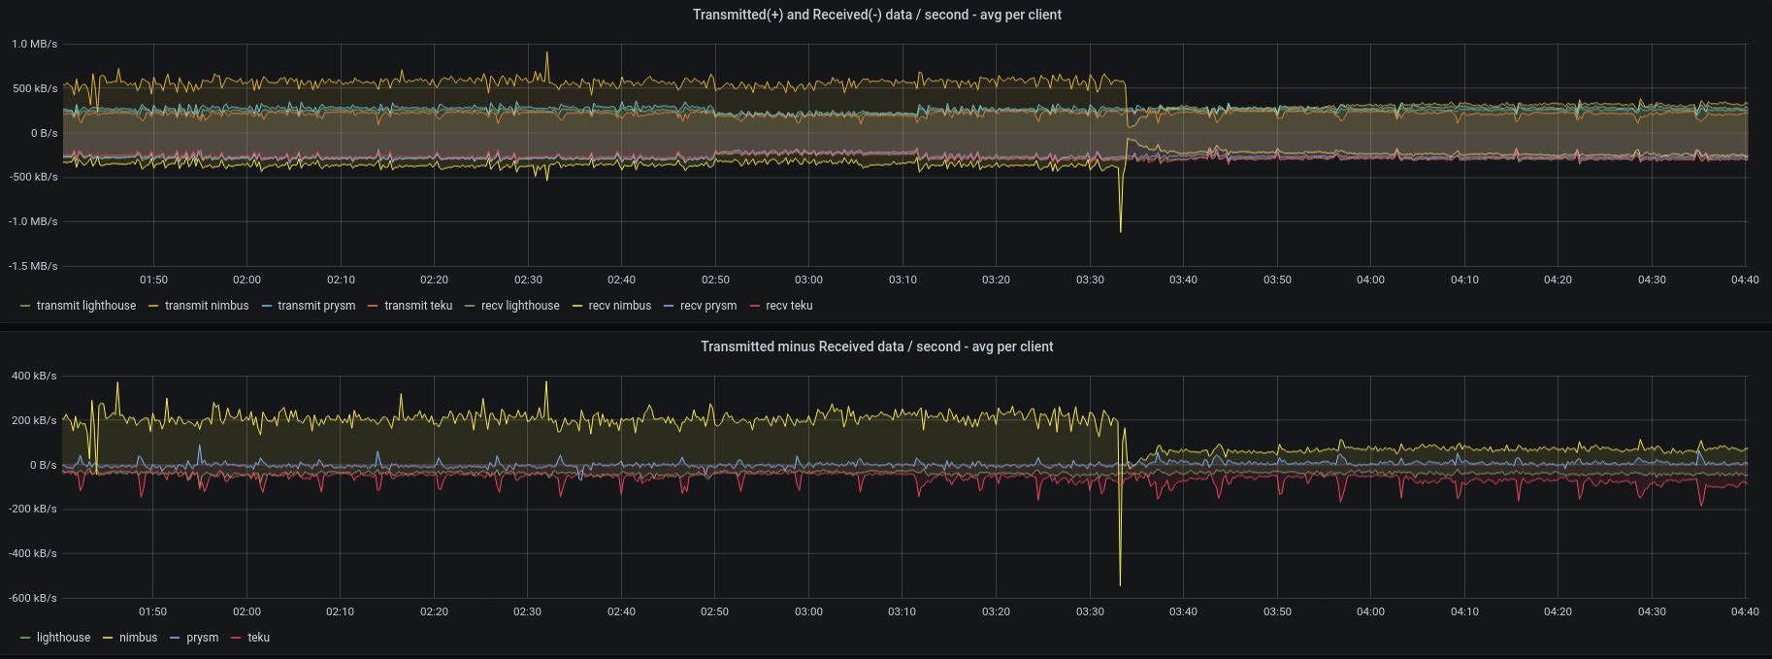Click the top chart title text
pos(876,15)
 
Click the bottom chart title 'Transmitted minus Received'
pos(876,346)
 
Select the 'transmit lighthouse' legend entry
pos(85,306)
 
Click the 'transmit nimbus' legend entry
pos(206,306)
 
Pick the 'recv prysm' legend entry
pos(707,306)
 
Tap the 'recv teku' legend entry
pos(789,306)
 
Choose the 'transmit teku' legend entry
pos(417,306)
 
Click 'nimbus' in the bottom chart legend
pos(138,638)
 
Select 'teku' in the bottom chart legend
pos(258,638)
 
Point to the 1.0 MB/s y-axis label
pos(35,44)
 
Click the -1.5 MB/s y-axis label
pos(34,266)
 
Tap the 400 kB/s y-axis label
pos(35,376)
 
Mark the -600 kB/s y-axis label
pos(34,598)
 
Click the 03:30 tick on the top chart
pos(1090,280)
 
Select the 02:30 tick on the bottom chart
pos(528,611)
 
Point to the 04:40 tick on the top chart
pos(1745,280)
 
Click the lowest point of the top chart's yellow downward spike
pos(1121,231)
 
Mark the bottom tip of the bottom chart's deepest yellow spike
pos(1120,584)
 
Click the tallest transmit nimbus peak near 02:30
pos(547,53)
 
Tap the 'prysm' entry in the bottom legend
pos(202,638)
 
